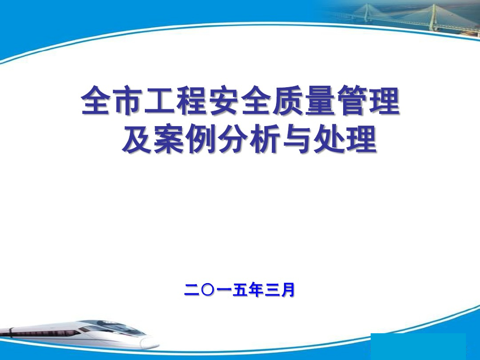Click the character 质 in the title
coord(287,101)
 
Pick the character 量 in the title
coord(319,101)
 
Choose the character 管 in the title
coord(351,101)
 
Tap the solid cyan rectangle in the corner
coord(418,346)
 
